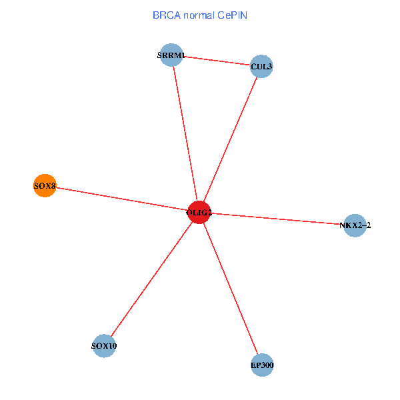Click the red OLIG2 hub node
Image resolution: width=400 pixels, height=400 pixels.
point(199,213)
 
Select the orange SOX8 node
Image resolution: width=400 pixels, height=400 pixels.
point(44,185)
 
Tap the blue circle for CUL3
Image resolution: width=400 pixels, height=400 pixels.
point(261,67)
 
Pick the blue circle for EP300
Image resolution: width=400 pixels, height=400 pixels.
point(262,365)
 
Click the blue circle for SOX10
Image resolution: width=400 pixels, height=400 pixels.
point(104,346)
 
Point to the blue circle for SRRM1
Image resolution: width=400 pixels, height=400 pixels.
point(172,55)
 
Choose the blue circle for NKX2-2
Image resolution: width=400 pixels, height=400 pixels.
point(355,225)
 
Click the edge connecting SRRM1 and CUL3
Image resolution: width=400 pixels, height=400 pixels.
point(217,61)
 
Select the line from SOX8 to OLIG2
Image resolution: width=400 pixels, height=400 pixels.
point(120,198)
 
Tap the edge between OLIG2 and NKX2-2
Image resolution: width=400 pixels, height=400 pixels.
point(277,219)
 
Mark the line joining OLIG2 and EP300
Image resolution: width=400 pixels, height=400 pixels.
point(231,289)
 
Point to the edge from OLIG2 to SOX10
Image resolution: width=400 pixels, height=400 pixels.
point(152,279)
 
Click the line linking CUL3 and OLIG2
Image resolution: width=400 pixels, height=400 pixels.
point(230,140)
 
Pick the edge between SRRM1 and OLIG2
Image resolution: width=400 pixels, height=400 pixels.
point(185,133)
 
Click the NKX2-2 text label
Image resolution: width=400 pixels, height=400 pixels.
point(355,225)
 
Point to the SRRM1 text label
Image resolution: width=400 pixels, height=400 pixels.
point(171,55)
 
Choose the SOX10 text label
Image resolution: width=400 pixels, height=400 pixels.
point(104,346)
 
